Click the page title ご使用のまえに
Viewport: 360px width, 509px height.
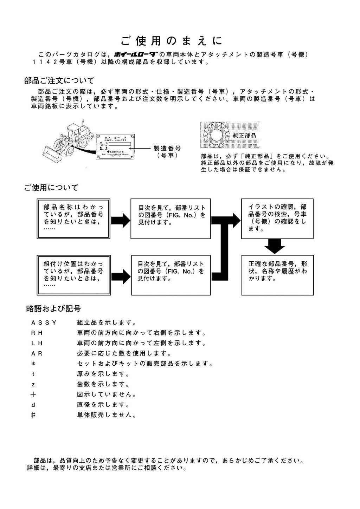[172, 41]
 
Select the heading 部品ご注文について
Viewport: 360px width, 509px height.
[59, 81]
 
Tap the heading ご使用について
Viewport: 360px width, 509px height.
[51, 187]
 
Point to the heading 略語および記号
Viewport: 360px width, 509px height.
[53, 309]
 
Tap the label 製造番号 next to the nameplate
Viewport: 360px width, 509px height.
[167, 149]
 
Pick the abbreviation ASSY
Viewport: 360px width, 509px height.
[44, 322]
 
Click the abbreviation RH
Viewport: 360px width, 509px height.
[37, 333]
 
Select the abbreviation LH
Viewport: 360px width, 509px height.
[37, 343]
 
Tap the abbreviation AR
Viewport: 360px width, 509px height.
[37, 353]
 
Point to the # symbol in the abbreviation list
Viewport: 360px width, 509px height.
[33, 415]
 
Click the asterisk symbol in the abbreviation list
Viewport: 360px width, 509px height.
[33, 364]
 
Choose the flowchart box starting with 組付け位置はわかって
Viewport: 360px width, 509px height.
[73, 275]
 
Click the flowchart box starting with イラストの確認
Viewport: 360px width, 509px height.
[277, 218]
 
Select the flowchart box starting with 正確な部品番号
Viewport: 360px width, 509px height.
[277, 275]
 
